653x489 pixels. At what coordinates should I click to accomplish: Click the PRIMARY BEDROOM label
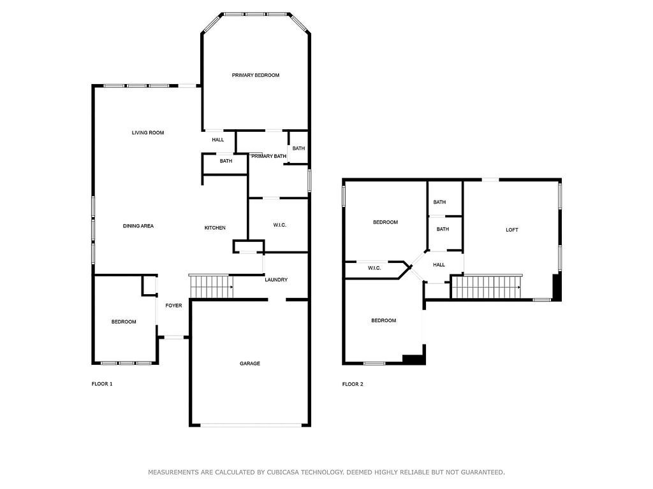(x=255, y=75)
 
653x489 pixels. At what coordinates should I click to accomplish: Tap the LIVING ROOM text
(x=148, y=132)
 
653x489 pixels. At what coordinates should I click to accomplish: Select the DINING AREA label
(x=138, y=226)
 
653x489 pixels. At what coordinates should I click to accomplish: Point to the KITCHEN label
(x=215, y=228)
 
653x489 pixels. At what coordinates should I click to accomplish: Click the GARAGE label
(x=250, y=364)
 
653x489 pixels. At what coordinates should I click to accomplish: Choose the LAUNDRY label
(x=276, y=280)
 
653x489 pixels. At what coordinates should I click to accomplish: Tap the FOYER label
(x=173, y=306)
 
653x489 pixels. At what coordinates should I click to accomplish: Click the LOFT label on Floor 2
(x=512, y=230)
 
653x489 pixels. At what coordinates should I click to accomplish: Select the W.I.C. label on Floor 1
(x=280, y=225)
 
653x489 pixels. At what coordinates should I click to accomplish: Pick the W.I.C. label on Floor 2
(x=374, y=268)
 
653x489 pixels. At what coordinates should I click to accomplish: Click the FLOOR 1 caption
(x=102, y=384)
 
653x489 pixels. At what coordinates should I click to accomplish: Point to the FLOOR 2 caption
(x=353, y=384)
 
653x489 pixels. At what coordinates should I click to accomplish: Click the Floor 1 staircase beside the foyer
(x=210, y=287)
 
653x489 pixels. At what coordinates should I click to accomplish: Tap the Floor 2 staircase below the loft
(x=487, y=287)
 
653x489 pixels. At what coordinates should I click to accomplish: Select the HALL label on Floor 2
(x=439, y=265)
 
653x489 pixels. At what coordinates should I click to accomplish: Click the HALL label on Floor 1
(x=218, y=139)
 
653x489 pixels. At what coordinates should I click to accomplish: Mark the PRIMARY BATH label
(x=268, y=157)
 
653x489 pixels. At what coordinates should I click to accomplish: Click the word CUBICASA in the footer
(x=282, y=472)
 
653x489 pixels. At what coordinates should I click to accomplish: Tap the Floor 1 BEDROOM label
(x=124, y=322)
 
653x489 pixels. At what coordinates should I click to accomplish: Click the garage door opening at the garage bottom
(x=251, y=425)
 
